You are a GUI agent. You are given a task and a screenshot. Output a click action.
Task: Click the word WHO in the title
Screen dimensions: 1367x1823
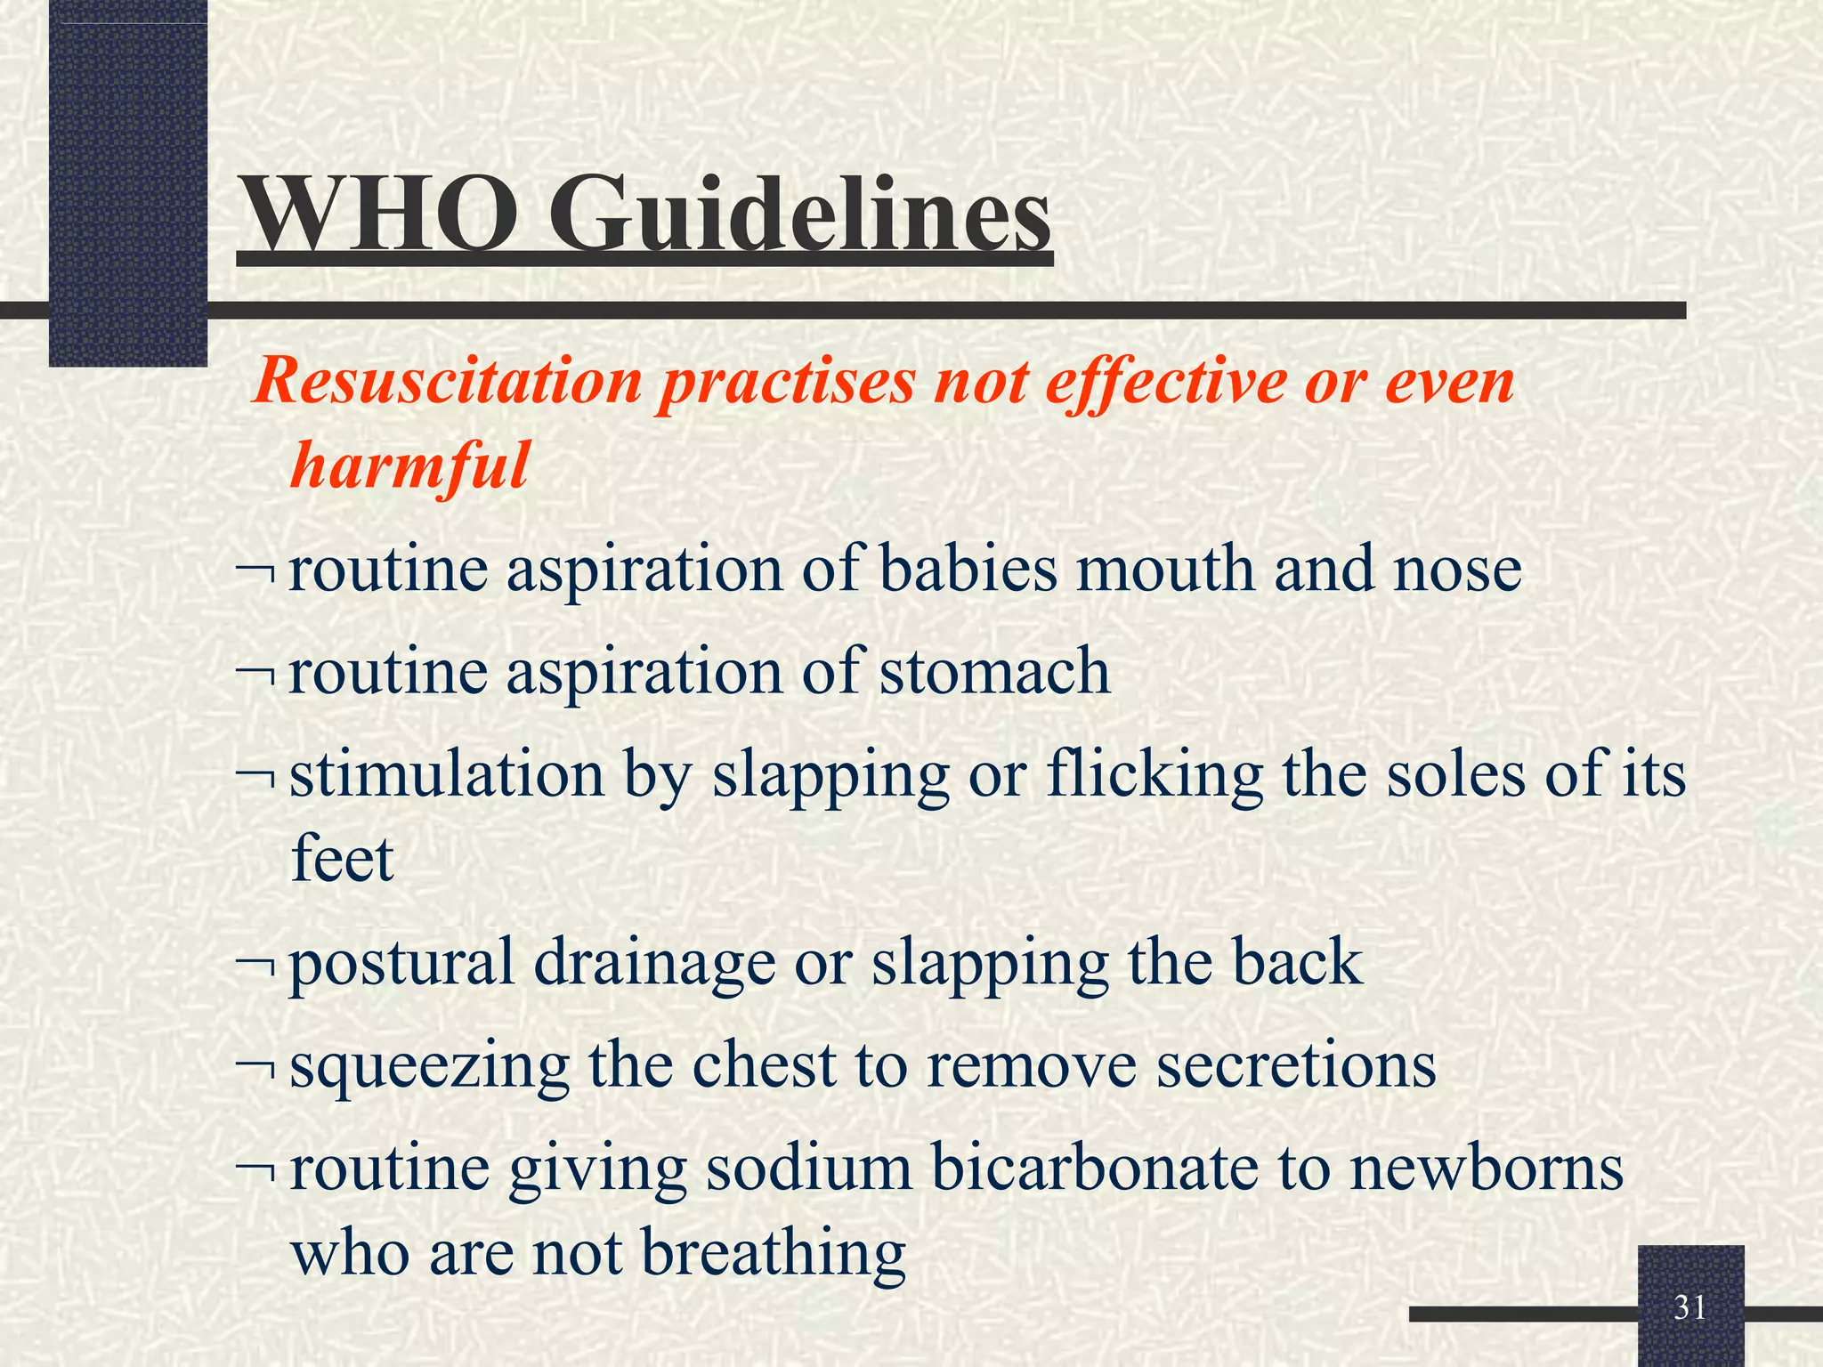click(380, 214)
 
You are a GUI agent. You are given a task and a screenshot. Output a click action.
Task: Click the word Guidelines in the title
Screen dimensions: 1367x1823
click(798, 214)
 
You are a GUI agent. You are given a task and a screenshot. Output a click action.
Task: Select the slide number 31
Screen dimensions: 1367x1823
click(1689, 1307)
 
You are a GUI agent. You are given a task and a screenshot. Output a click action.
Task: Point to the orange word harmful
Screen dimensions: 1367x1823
click(409, 465)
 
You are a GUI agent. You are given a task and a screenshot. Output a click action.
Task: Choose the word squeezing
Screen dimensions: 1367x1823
click(429, 1065)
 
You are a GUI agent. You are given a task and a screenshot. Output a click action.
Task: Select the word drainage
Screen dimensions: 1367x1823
click(654, 963)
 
